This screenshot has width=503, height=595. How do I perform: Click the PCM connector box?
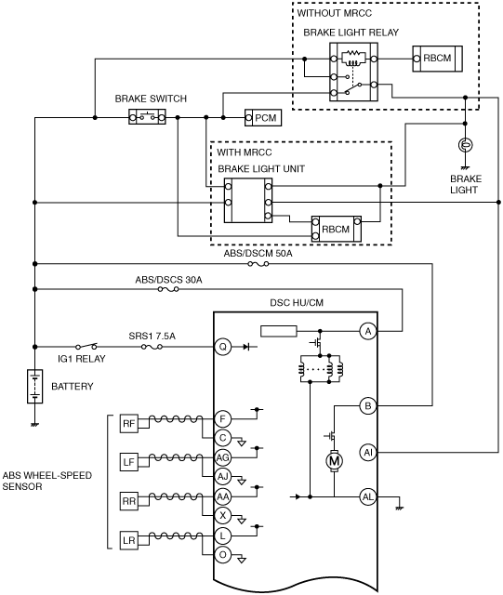pyautogui.click(x=263, y=118)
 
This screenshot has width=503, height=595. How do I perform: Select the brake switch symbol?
pyautogui.click(x=147, y=117)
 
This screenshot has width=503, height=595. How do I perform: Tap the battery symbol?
pyautogui.click(x=35, y=387)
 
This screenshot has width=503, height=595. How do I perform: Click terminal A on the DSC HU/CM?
pyautogui.click(x=368, y=332)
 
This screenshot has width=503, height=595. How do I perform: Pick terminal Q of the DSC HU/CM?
pyautogui.click(x=223, y=347)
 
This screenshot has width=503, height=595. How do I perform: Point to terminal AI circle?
pyautogui.click(x=368, y=453)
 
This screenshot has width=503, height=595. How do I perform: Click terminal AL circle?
pyautogui.click(x=368, y=496)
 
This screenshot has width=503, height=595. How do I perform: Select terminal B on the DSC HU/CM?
pyautogui.click(x=368, y=406)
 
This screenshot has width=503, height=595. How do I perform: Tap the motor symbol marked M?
pyautogui.click(x=334, y=461)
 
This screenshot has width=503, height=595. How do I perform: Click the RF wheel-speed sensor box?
pyautogui.click(x=129, y=424)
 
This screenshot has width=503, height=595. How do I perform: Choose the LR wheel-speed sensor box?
pyautogui.click(x=129, y=540)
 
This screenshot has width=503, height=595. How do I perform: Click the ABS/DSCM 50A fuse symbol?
pyautogui.click(x=258, y=264)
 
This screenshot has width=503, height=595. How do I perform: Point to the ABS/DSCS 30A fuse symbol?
pyautogui.click(x=168, y=289)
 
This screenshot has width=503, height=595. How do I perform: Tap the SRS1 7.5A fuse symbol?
pyautogui.click(x=152, y=347)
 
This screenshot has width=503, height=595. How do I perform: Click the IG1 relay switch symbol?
pyautogui.click(x=86, y=346)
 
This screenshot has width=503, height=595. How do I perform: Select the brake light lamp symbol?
pyautogui.click(x=466, y=145)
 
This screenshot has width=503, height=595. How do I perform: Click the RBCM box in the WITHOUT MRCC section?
pyautogui.click(x=437, y=59)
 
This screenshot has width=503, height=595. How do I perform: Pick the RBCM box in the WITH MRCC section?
pyautogui.click(x=337, y=229)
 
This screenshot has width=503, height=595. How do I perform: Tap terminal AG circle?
pyautogui.click(x=223, y=457)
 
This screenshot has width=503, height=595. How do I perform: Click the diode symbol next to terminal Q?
pyautogui.click(x=246, y=347)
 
